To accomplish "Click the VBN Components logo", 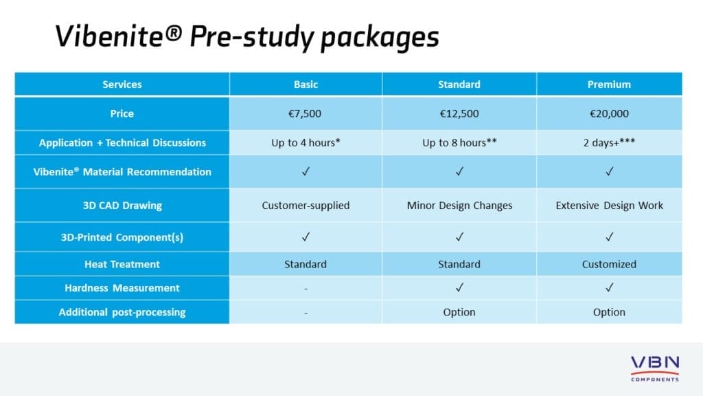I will [654, 368].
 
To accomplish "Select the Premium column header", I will [609, 85].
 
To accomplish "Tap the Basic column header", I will [306, 85].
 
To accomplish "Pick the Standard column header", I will [459, 85].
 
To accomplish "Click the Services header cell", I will [122, 85].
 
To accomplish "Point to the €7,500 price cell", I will [306, 113].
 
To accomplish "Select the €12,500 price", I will [459, 113].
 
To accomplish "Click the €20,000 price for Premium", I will [609, 113].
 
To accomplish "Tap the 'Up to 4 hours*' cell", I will [306, 143].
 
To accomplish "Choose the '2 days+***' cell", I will [609, 143].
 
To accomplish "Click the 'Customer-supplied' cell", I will [306, 206].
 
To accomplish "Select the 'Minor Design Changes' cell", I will [459, 206].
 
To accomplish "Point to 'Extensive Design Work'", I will [609, 206].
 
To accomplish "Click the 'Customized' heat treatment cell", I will [609, 264].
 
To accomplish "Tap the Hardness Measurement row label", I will [122, 288].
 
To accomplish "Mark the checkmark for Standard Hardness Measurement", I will [459, 288].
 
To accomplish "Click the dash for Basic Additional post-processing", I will [306, 312].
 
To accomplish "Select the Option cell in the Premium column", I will [609, 312].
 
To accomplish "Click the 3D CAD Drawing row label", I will [122, 206].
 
